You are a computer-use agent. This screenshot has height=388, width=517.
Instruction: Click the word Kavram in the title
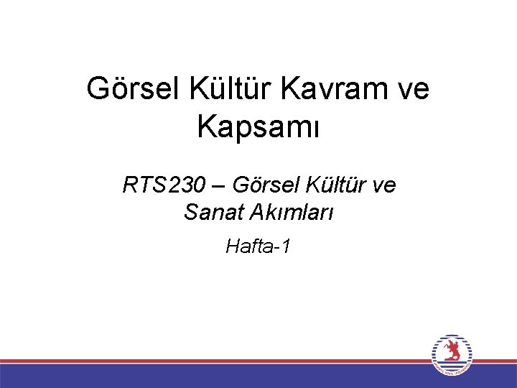337,89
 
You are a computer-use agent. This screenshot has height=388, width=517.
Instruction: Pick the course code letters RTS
141,185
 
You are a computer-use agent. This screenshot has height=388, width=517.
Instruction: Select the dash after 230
217,186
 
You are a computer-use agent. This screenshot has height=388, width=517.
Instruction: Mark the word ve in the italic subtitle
383,185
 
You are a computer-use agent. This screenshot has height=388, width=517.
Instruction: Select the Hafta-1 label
258,247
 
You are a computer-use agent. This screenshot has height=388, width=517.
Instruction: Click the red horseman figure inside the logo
452,352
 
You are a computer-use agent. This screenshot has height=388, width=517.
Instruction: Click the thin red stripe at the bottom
215,361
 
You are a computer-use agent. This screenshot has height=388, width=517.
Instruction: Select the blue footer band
215,376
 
